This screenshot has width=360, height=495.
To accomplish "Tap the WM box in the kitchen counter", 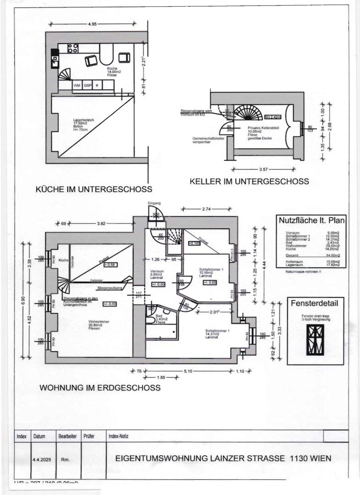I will pos(77,85).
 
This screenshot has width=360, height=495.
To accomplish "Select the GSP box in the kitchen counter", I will pos(87,85).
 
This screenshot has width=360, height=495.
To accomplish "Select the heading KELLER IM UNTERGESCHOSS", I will pos(249,181).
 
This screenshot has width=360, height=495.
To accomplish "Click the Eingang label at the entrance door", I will pos(154,203).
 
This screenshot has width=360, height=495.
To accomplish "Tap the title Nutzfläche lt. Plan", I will pos(312,220).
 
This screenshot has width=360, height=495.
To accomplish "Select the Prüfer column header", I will pos(88,437).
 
